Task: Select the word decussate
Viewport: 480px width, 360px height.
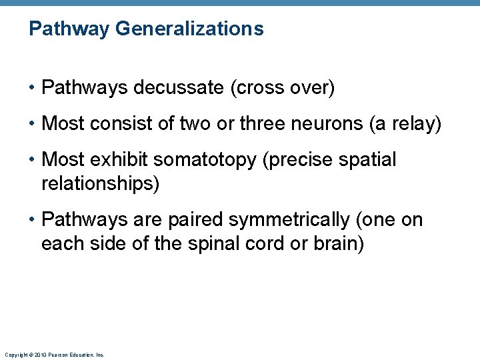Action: point(178,88)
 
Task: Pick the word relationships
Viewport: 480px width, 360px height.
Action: point(100,183)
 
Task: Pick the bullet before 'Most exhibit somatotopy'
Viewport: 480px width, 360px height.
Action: point(33,161)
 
